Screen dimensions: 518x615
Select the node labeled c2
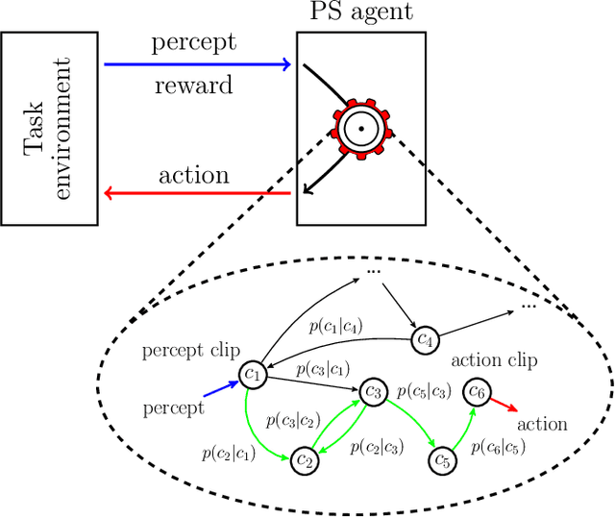305,460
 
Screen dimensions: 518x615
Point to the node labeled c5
442,460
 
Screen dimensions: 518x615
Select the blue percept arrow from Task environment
197,64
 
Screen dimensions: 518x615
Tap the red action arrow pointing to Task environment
197,193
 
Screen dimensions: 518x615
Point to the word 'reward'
193,86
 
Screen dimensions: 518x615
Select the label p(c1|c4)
335,325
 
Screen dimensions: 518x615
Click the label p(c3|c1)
323,368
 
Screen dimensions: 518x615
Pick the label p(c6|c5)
500,446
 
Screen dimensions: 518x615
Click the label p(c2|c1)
229,452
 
